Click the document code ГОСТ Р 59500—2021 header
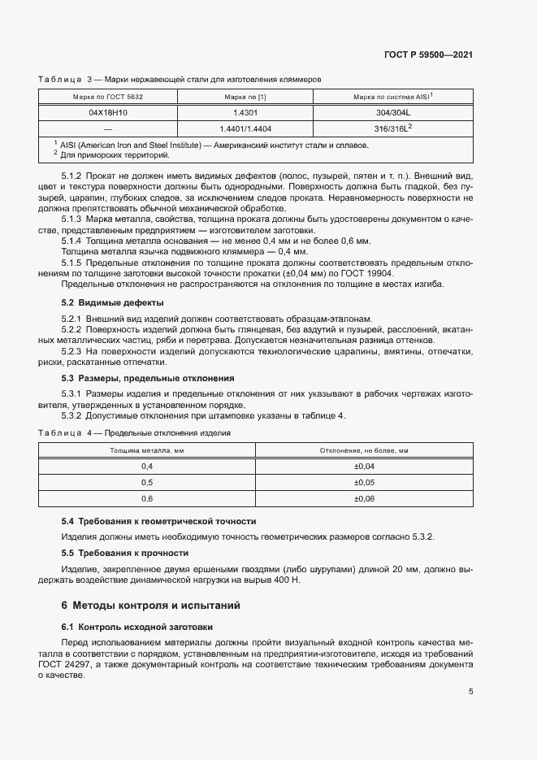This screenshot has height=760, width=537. (x=428, y=55)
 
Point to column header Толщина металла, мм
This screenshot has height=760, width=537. (x=147, y=449)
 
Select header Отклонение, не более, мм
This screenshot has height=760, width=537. (x=364, y=449)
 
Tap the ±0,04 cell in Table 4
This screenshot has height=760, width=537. (x=364, y=466)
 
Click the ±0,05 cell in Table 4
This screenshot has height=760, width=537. (x=364, y=482)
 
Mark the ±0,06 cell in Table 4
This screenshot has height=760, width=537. (x=364, y=498)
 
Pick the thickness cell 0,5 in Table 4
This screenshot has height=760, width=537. (x=147, y=482)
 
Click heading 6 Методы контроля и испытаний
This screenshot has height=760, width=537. (x=150, y=606)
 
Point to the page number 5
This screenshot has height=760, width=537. (x=471, y=692)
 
